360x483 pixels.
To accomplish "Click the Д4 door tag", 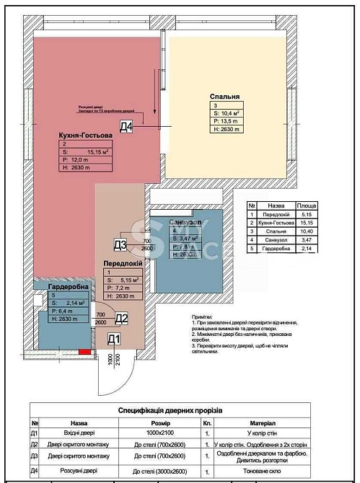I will tap(127, 128).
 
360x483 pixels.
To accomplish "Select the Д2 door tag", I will tap(121, 318).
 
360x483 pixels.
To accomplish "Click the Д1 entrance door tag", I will tap(114, 339).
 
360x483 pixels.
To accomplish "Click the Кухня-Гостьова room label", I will tap(86, 135).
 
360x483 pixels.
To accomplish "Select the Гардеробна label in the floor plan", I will tap(69, 287).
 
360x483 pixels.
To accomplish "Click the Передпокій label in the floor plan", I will tap(121, 263).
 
